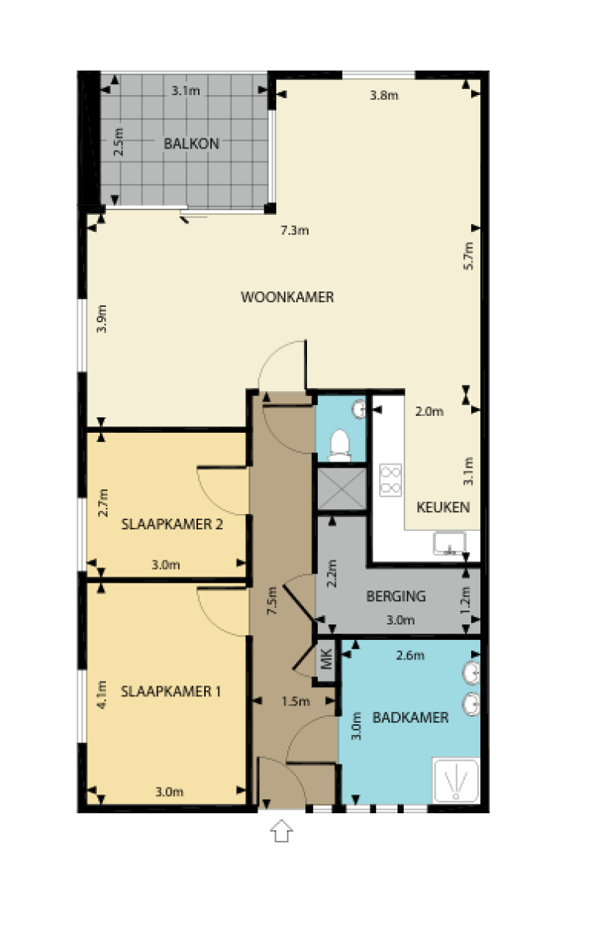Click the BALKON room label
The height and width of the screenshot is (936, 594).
191,143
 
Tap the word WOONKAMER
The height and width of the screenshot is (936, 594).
287,297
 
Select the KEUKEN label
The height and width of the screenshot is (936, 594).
442,508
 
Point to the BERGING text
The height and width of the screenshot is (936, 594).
395,596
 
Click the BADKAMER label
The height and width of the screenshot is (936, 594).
410,717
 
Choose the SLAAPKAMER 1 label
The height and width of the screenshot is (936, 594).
171,691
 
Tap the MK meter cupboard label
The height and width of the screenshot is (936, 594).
326,661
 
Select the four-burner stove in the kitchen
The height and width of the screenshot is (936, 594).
391,479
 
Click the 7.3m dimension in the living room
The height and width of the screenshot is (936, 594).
294,230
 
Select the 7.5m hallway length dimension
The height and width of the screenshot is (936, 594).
271,601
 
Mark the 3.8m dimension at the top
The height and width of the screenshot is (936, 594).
384,96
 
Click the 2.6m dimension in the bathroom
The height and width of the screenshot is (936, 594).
410,656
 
